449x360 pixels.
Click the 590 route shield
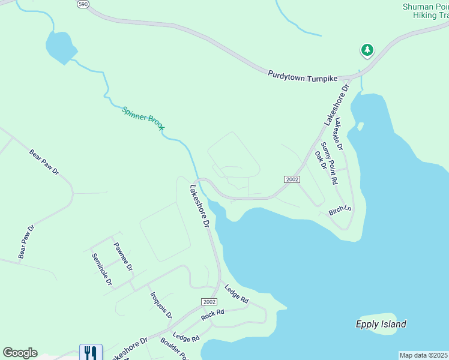point(83,4)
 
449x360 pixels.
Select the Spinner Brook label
point(143,118)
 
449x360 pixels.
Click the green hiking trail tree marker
point(367,50)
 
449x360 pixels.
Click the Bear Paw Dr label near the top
point(44,162)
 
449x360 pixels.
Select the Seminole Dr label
point(102,269)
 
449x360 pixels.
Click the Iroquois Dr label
point(161,305)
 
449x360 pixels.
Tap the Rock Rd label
point(212,314)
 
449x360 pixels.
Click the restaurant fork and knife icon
point(91,352)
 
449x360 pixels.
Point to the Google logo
point(20,353)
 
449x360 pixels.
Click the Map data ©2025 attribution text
point(423,355)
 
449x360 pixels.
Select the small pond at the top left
point(60,47)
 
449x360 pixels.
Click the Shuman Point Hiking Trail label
point(426,11)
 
